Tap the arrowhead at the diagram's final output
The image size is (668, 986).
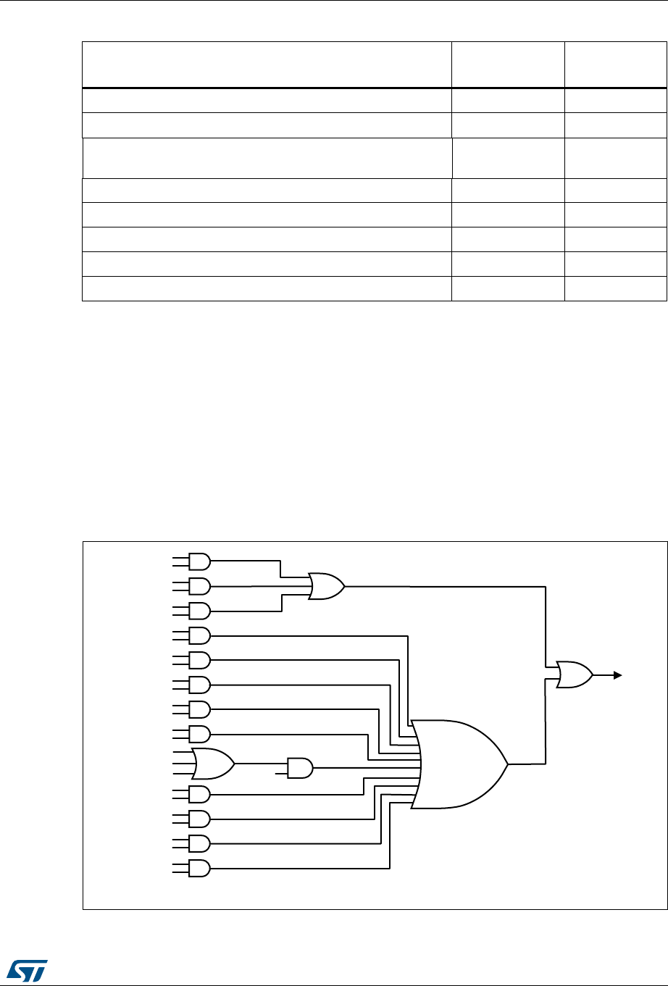pos(617,675)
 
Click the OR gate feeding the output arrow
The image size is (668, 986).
pos(574,675)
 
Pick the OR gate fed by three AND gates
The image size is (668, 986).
pos(325,585)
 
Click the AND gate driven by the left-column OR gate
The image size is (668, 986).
pos(300,768)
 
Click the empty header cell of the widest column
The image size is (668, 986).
pos(267,64)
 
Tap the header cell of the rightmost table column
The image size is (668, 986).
pos(615,64)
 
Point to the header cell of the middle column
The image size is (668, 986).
pos(508,64)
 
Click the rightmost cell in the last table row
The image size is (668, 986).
pos(615,288)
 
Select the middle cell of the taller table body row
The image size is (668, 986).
pos(508,158)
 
